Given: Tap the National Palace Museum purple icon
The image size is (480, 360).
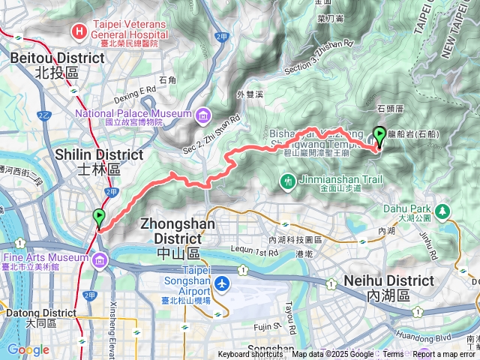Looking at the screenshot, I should [x=203, y=116].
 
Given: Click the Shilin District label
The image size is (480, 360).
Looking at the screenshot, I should [x=99, y=160].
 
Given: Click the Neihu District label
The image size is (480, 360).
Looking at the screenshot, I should [x=388, y=287].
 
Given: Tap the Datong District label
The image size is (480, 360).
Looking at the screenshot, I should [x=37, y=317].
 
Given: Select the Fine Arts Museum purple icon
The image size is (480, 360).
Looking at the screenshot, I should [x=100, y=260].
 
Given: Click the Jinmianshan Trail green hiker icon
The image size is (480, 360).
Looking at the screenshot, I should [x=287, y=181].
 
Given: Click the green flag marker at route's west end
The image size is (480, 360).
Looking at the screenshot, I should [x=99, y=218].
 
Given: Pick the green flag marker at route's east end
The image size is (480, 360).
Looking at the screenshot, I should [x=379, y=136].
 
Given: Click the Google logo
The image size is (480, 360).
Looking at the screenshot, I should [x=28, y=349].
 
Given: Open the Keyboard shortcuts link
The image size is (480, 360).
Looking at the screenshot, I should [x=250, y=355].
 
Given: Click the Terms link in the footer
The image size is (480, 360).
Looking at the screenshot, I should [x=392, y=355].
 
